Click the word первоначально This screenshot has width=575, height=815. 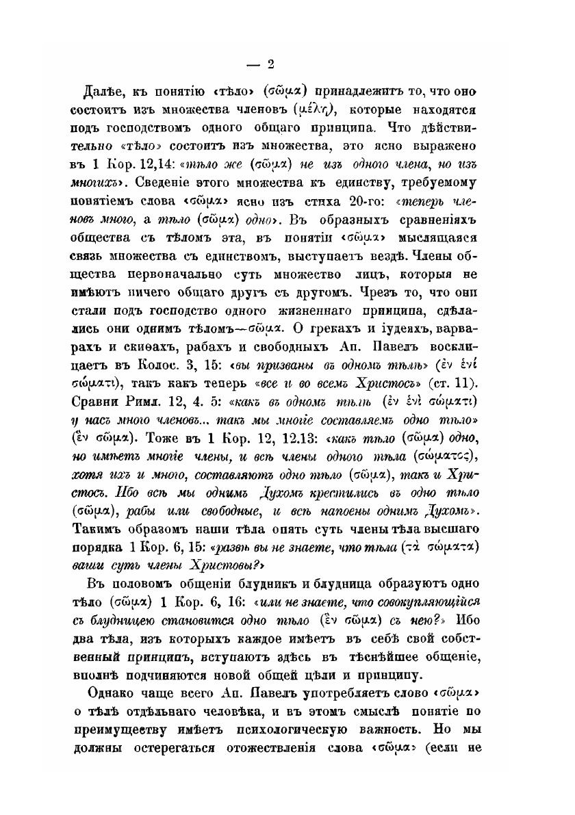(x=182, y=275)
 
